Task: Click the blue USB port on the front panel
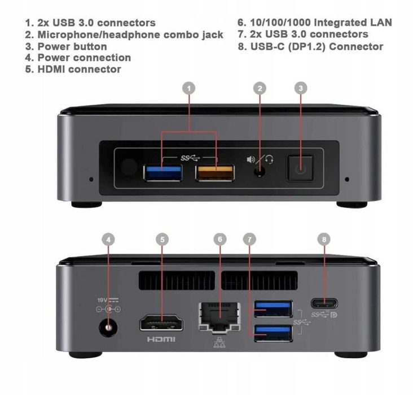coord(162,172)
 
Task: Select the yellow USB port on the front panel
coord(215,172)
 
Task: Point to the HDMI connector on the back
coord(161,324)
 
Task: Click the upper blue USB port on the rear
coord(273,308)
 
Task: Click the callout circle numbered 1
coord(190,88)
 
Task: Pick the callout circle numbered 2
coord(260,88)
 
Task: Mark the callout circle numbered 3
coord(301,88)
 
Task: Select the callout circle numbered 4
coord(109,239)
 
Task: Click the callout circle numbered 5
coord(162,239)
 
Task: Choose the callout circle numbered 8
coord(323,239)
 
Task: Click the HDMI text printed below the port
coord(161,340)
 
